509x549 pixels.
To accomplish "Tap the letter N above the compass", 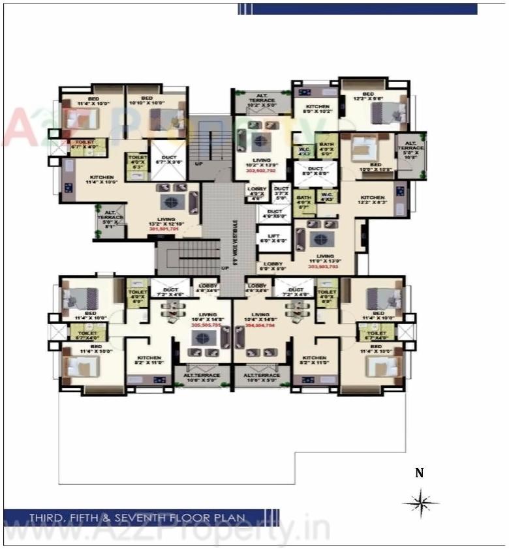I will [420, 474].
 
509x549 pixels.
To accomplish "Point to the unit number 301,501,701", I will [166, 230].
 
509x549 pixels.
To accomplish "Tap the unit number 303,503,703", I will [324, 266].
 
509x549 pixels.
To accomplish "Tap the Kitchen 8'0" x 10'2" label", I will [318, 109].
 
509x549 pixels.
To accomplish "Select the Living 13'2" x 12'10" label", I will [166, 222].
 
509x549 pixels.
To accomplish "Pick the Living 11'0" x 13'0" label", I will [324, 259].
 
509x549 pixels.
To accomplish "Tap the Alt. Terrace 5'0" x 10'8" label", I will [410, 150].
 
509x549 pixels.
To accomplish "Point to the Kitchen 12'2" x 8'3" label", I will [373, 200].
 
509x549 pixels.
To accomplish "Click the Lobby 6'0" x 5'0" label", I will [273, 266].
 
